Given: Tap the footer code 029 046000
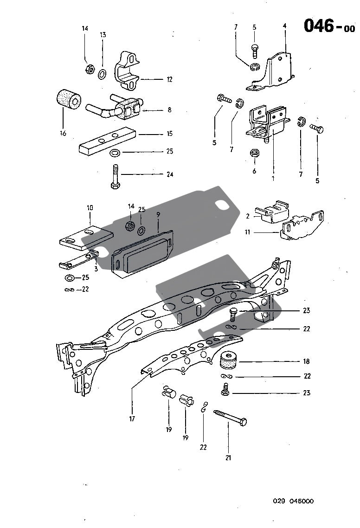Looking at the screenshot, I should (x=293, y=501).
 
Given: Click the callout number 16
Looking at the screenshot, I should (x=63, y=134).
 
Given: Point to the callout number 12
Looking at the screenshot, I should (x=169, y=80).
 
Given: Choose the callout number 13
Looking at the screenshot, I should (x=103, y=35).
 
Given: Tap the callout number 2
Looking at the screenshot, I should (x=248, y=216).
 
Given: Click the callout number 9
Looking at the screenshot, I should (x=158, y=215).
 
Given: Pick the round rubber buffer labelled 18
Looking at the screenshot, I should (x=230, y=361).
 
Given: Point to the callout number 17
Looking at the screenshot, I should (x=132, y=419).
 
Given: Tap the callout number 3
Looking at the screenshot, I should (x=96, y=268).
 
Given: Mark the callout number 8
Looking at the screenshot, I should (x=169, y=110).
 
